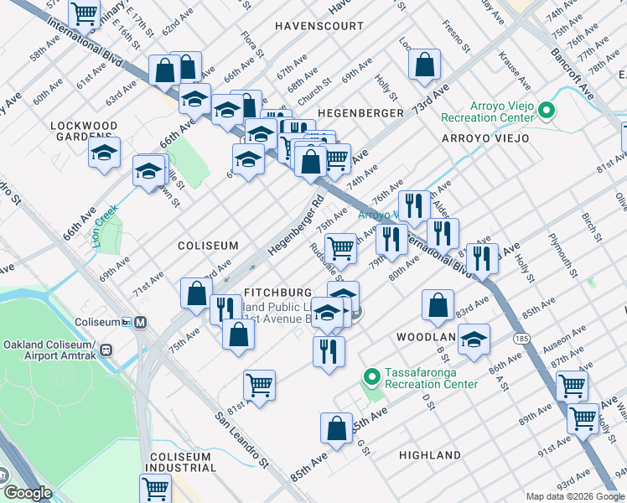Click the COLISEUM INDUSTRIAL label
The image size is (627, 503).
click(x=184, y=464)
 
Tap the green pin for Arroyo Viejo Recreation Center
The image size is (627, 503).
click(x=547, y=111)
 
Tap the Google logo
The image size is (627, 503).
click(x=28, y=493)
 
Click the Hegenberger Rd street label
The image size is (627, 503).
click(x=296, y=227)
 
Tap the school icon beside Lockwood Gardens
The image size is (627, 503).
click(x=104, y=153)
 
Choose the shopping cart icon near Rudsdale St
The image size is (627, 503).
click(x=340, y=247)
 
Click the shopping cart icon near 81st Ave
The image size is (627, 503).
click(x=260, y=386)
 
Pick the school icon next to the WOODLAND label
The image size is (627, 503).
click(x=474, y=340)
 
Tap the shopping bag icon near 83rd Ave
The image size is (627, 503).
click(x=438, y=305)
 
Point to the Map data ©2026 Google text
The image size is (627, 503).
click(x=574, y=496)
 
